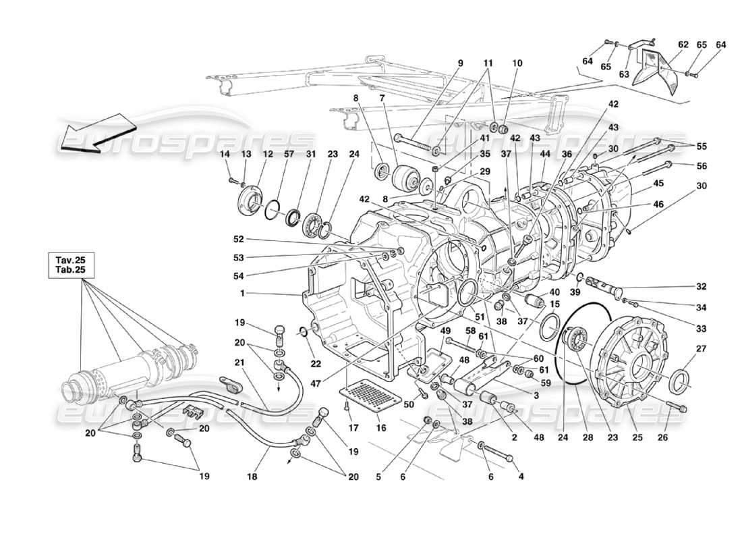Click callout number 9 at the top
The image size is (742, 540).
coord(460,63)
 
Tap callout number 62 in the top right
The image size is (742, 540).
coord(683,45)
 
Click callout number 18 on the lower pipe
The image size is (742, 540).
coord(252,476)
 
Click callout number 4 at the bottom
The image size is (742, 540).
coord(519,477)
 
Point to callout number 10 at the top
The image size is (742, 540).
coord(517,63)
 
